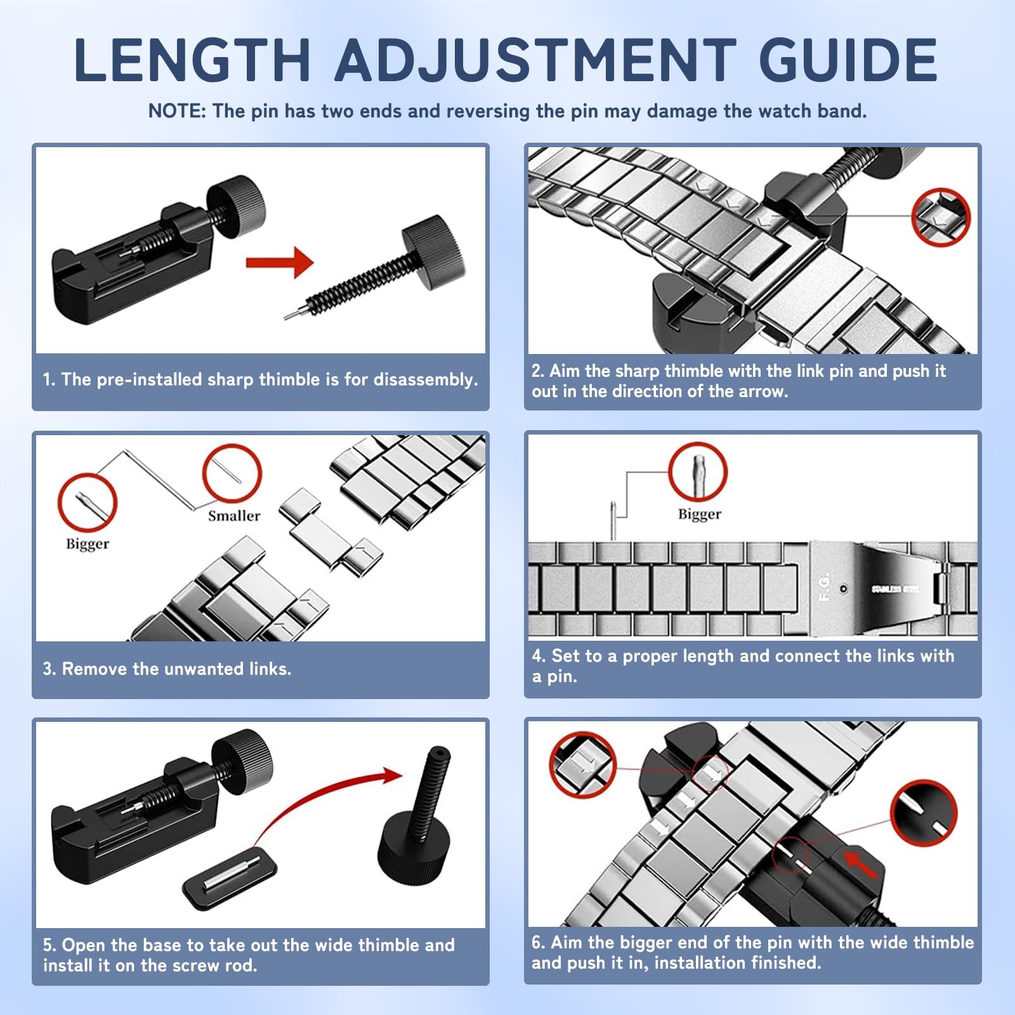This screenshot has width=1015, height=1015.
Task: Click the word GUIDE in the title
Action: pyautogui.click(x=848, y=60)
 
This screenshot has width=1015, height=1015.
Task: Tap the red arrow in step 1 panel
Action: pyautogui.click(x=280, y=261)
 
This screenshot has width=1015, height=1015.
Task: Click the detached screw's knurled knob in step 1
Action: pyautogui.click(x=433, y=244)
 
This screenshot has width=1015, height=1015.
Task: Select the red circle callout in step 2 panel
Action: pyautogui.click(x=941, y=218)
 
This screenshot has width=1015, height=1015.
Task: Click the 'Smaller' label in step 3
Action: pyautogui.click(x=234, y=516)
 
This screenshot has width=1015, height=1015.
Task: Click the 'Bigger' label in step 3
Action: pyautogui.click(x=88, y=544)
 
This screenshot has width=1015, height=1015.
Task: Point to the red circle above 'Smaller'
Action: pyautogui.click(x=232, y=473)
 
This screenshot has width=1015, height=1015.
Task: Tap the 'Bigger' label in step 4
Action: pyautogui.click(x=700, y=514)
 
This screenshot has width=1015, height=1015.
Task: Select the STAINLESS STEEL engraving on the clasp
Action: pyautogui.click(x=895, y=589)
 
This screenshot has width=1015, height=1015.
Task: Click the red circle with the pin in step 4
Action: pyautogui.click(x=698, y=471)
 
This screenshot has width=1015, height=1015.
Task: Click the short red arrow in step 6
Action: pyautogui.click(x=860, y=865)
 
